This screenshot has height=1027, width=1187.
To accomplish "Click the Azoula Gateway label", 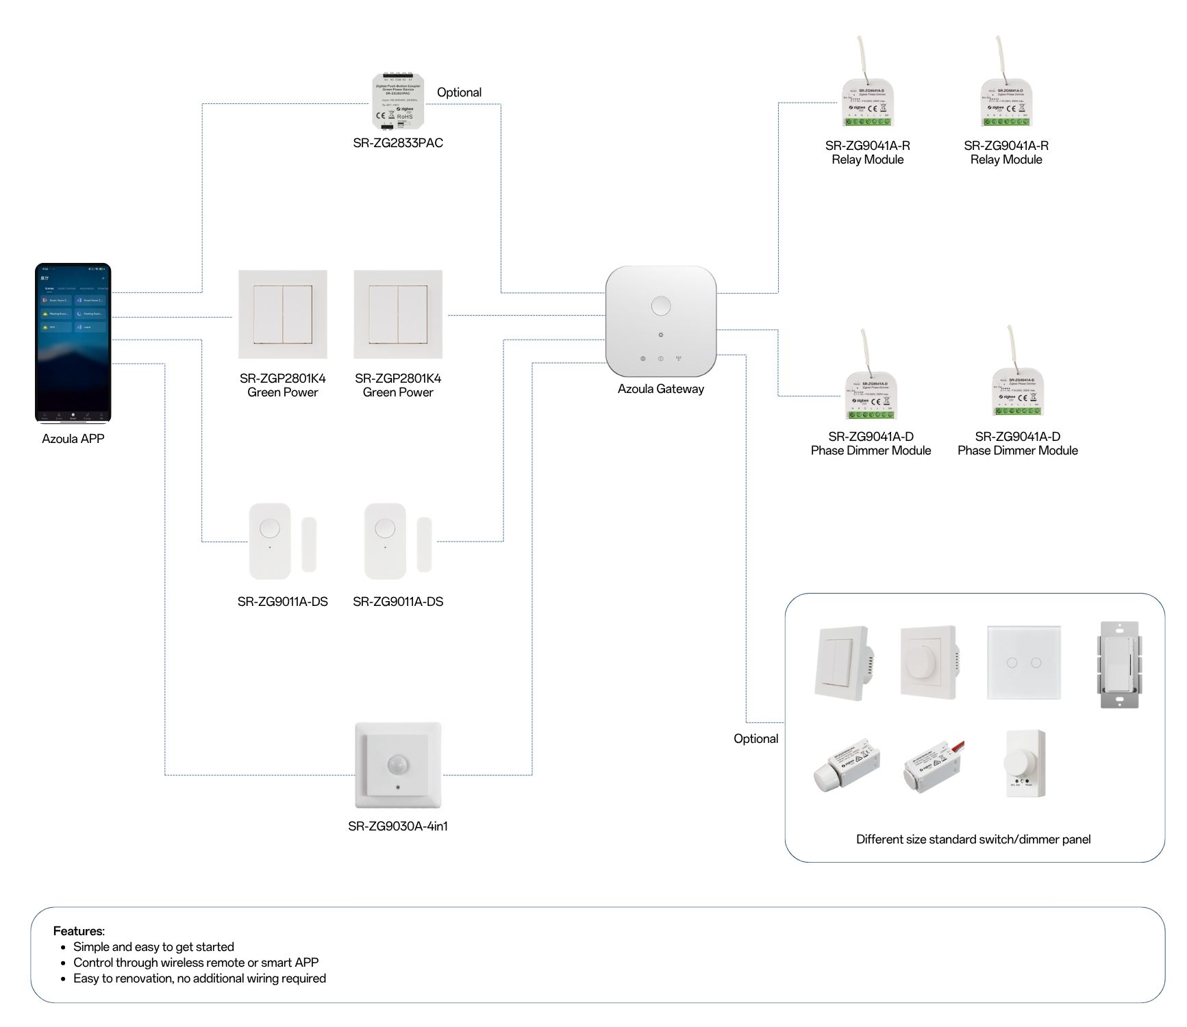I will point(660,389).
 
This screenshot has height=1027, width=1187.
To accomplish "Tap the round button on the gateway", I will point(660,305).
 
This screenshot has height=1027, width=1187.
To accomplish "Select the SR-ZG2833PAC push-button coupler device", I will point(397,102).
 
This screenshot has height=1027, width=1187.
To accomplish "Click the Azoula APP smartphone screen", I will point(73,342).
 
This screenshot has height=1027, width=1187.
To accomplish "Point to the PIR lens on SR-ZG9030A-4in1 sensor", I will point(397,765).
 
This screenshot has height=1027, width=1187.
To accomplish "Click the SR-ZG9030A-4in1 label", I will point(397,826).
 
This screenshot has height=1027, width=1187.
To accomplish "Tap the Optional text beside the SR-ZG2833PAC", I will point(459,92).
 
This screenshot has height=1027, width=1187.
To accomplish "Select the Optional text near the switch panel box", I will point(755,739).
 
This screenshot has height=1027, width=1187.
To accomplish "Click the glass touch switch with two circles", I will point(1023,662).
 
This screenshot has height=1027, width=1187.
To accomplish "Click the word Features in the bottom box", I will point(78,931).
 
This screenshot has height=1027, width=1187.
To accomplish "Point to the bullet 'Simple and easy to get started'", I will point(153,947).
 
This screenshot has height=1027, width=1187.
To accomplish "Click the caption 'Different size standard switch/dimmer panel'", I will point(973,839).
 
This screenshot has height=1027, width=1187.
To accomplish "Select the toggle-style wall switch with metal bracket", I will point(1118,664).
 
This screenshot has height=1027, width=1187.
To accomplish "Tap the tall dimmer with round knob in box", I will point(1024,763).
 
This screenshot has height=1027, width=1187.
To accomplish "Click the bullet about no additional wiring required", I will point(199,978).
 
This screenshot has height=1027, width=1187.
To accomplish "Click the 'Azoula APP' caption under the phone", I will point(73,439).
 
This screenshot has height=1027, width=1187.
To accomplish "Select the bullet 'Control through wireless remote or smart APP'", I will point(196,963).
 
